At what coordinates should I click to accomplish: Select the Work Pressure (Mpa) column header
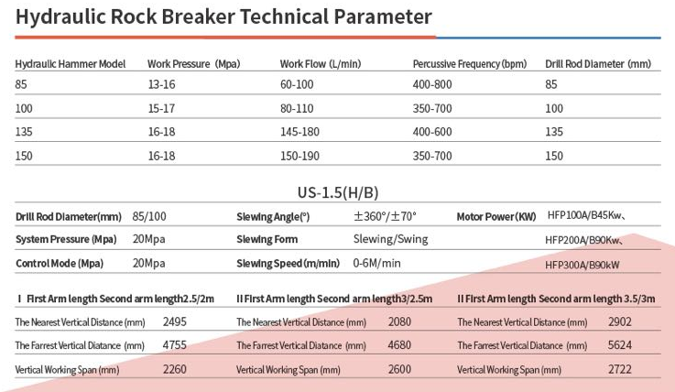(194, 64)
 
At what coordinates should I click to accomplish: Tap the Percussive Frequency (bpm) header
(470, 64)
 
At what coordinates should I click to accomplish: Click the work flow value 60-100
(297, 84)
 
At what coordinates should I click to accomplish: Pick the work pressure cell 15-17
(161, 108)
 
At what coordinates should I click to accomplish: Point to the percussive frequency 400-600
(432, 132)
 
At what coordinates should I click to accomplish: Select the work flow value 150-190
(299, 156)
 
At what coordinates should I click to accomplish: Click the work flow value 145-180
(299, 132)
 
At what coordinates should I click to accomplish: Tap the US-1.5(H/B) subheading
(338, 192)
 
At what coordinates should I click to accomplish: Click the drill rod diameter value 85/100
(149, 216)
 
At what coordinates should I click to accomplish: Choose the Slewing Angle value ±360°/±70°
(385, 216)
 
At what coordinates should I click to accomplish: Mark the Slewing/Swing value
(390, 239)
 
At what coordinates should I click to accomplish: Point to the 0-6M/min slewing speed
(376, 263)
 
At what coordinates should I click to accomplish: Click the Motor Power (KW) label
(496, 216)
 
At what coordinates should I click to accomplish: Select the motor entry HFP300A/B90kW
(582, 265)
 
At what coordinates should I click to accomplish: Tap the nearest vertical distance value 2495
(174, 321)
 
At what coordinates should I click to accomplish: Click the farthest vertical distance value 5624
(620, 345)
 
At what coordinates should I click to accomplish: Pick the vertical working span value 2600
(399, 369)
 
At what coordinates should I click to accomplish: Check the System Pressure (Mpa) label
(66, 239)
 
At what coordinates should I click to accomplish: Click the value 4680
(399, 345)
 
